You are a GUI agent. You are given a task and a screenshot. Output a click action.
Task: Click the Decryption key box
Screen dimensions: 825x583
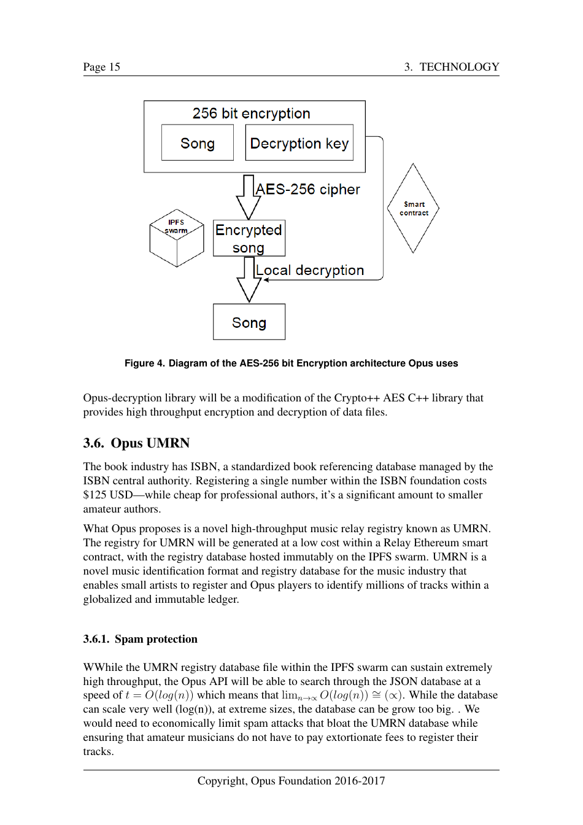299,143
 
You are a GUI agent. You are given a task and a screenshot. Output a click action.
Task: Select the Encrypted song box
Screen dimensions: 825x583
249,238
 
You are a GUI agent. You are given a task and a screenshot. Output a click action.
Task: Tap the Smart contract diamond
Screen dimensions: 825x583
413,208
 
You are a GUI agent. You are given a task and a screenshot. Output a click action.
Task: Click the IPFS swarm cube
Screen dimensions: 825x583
177,238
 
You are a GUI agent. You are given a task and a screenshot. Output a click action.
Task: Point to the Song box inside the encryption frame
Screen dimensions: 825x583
197,143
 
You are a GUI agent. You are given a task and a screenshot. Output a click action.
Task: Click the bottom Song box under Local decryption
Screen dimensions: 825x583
249,322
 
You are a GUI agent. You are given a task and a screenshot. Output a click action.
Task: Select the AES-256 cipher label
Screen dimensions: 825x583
308,190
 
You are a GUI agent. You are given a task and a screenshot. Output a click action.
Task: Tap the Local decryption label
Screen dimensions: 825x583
310,270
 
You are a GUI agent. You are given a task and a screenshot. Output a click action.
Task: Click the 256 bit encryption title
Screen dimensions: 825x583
251,114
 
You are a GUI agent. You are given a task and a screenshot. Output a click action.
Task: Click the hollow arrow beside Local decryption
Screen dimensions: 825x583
249,280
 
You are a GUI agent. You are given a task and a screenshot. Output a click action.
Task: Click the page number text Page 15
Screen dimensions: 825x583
102,67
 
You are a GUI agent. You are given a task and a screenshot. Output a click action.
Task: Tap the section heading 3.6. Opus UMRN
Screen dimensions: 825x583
136,443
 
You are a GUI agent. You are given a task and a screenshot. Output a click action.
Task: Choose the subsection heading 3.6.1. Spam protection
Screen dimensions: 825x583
140,639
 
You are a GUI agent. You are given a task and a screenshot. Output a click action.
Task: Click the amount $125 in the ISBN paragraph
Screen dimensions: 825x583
95,495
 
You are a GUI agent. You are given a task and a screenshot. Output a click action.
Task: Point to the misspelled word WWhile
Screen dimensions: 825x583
102,667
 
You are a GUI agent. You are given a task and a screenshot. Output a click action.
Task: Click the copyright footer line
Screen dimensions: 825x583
291,781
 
